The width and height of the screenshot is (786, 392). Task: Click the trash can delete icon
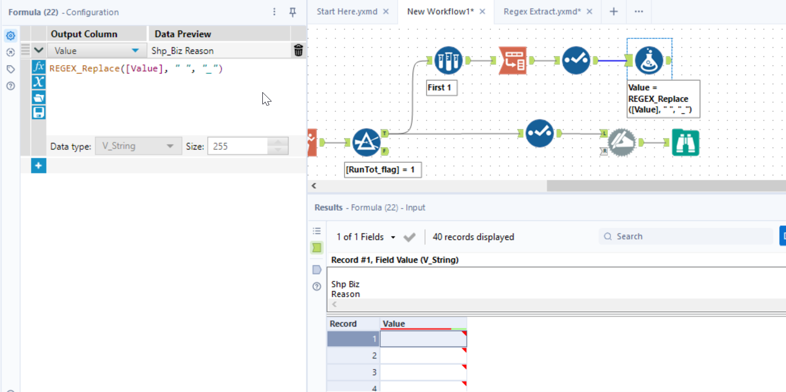[299, 51]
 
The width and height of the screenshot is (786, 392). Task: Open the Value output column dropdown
[135, 51]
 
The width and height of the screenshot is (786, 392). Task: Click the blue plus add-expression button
[38, 166]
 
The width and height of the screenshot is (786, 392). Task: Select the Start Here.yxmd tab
[347, 12]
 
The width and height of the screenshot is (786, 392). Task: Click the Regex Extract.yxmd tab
[542, 12]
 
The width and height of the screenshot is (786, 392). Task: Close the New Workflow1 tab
[482, 12]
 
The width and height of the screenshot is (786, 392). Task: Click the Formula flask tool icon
[649, 61]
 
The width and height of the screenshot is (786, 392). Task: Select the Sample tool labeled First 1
[448, 61]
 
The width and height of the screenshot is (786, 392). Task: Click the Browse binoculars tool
[685, 142]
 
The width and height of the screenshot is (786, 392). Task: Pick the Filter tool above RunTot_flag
[366, 142]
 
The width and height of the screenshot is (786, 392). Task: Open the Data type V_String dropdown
[138, 146]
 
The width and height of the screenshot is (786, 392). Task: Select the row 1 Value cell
[423, 339]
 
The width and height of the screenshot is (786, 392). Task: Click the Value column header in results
[423, 324]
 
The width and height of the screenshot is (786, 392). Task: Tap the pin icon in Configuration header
[293, 12]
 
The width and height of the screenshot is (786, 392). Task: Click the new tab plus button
[613, 12]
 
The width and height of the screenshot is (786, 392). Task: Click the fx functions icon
[38, 67]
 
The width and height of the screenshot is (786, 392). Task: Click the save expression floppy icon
[38, 112]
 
